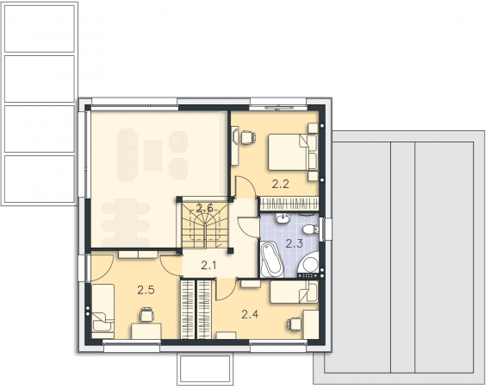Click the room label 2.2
[x=280, y=184]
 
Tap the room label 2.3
[x=295, y=243]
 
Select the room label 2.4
[x=250, y=314]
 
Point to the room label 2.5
[x=146, y=290]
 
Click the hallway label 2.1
[x=208, y=266]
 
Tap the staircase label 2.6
[x=205, y=208]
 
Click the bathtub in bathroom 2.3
[x=272, y=260]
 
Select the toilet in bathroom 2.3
[x=311, y=230]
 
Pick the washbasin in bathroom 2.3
[x=283, y=218]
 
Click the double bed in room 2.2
[x=293, y=153]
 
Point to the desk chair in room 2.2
[x=248, y=137]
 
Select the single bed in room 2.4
[x=294, y=292]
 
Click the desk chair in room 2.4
[x=294, y=324]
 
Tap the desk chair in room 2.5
[x=146, y=314]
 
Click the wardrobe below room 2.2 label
[x=289, y=204]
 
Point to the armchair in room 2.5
[x=102, y=322]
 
